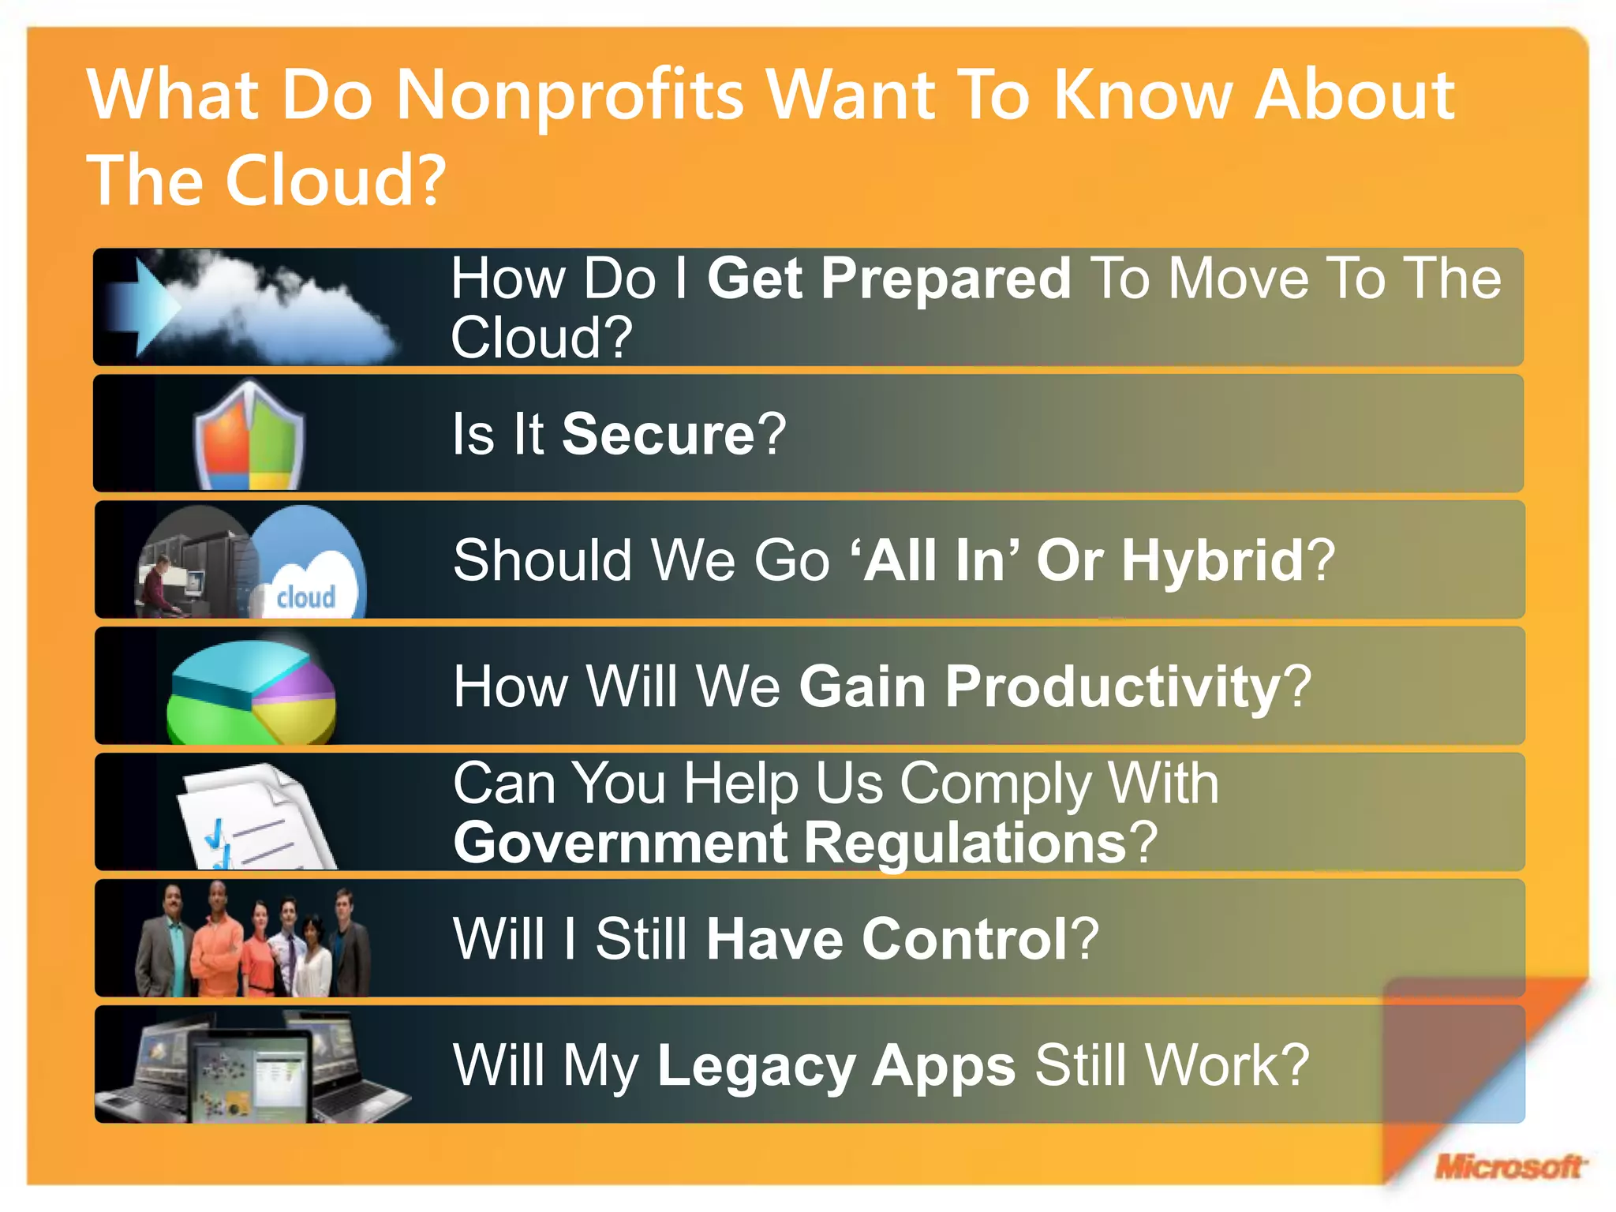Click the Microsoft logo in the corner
(1509, 1165)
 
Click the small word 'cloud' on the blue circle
(306, 597)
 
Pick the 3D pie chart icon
(251, 692)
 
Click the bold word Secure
(658, 435)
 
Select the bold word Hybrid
(1213, 561)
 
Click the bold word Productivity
(1113, 687)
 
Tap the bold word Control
(964, 940)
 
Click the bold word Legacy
(756, 1066)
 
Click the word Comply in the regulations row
(996, 784)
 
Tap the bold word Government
(620, 844)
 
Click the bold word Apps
(944, 1066)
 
